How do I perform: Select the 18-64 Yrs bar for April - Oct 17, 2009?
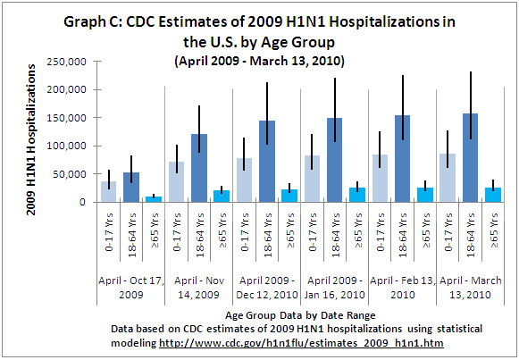(130, 188)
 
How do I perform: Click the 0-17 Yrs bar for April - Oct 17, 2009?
(109, 192)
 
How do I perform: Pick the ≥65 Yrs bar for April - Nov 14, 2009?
(197, 196)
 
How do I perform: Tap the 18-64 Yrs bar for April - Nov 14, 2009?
(175, 168)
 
